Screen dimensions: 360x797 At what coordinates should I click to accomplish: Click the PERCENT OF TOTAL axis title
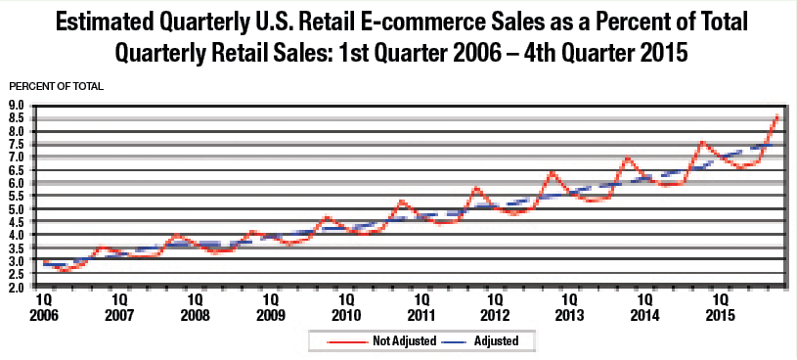point(57,86)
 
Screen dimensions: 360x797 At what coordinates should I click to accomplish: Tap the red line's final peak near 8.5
point(776,116)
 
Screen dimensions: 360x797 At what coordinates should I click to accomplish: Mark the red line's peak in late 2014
point(701,143)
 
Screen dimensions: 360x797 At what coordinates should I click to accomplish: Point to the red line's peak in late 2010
point(401,202)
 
